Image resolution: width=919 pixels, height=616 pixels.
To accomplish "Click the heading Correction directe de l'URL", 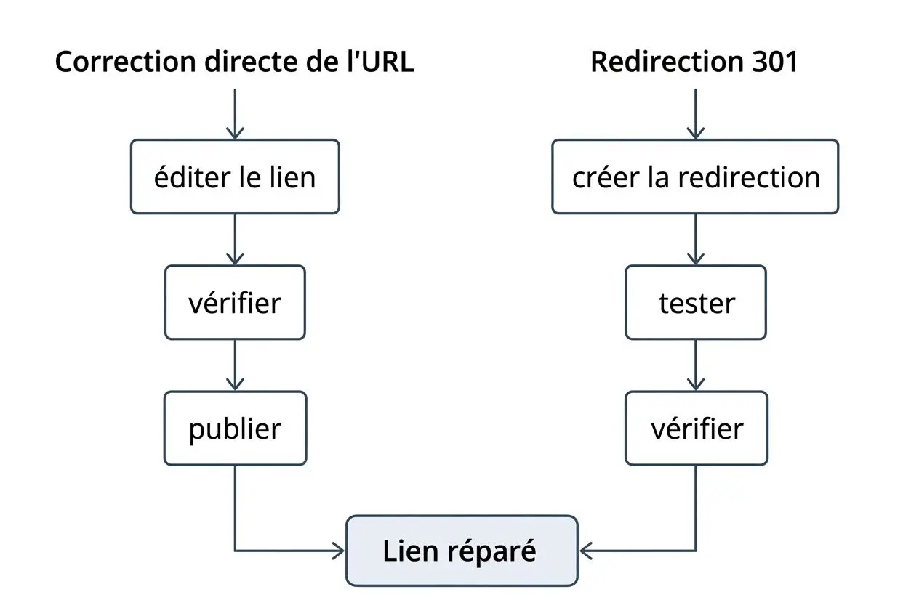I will [234, 62].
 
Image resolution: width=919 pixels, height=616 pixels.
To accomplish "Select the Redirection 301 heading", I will [694, 62].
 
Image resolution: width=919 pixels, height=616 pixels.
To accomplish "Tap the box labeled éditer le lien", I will [235, 177].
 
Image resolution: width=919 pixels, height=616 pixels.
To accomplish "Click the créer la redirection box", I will [695, 177].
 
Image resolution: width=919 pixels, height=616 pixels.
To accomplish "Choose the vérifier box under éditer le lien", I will [235, 302].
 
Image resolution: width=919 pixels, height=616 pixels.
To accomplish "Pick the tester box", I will [696, 302].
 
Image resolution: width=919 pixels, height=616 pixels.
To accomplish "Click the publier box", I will [235, 428].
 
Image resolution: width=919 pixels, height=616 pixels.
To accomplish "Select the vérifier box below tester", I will [696, 428].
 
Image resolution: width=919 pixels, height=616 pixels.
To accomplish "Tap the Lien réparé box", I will [462, 551].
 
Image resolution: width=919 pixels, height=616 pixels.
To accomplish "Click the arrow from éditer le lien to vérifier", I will [235, 240].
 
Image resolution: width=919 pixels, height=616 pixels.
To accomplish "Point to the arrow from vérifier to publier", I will [235, 365].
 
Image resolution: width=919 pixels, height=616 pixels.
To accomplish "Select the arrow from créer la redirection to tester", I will [696, 240].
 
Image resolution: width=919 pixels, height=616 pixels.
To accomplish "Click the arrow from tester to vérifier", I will [696, 365].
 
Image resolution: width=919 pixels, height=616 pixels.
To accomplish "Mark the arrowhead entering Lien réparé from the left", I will [338, 551].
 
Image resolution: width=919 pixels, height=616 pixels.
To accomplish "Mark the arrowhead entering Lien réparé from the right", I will [586, 551].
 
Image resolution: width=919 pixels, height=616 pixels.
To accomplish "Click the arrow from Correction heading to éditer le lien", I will [235, 114].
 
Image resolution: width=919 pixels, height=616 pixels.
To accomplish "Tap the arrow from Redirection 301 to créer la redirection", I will [696, 114].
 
